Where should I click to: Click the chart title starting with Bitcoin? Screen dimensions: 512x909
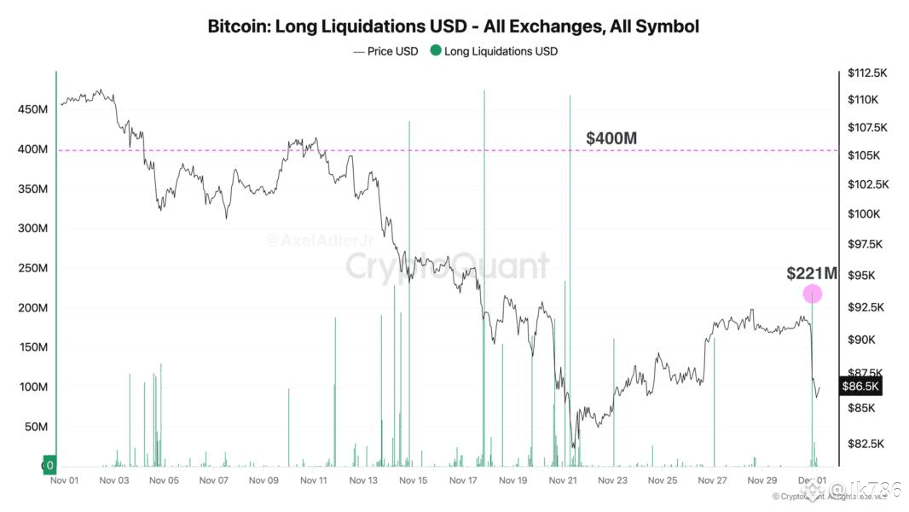tap(454, 26)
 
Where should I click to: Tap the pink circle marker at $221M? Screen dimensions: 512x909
tap(813, 294)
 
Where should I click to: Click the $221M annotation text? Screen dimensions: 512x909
tap(812, 274)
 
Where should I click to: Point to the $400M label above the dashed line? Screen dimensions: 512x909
tap(611, 138)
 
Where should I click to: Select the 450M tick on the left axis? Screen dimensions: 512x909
tap(32, 110)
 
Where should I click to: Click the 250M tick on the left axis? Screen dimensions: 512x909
tap(32, 268)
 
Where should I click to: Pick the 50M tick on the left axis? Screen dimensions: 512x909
tap(35, 427)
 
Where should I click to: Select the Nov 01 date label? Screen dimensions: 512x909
tap(65, 480)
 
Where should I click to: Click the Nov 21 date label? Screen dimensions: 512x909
tap(563, 480)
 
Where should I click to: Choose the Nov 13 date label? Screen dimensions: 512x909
tap(363, 480)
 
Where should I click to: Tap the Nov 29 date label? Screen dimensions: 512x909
tap(761, 480)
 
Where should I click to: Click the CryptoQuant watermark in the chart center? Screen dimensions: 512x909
tap(447, 265)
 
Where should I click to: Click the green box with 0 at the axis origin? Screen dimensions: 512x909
tap(49, 466)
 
